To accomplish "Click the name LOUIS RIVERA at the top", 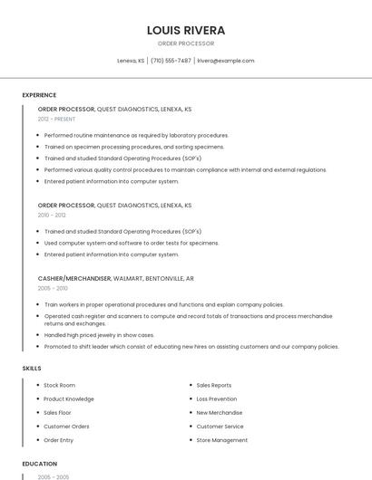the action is tap(186, 30).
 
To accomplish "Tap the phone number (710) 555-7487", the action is tap(171, 61).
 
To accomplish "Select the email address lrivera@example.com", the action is tap(226, 61).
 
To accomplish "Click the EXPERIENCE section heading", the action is tap(39, 95).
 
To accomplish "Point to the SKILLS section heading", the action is tap(32, 369).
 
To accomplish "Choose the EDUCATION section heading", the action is tap(39, 464).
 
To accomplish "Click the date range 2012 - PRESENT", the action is tap(56, 119).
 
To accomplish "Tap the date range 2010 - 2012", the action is tap(52, 216).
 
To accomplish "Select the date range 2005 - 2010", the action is tap(53, 288).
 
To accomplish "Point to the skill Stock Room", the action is tap(60, 385).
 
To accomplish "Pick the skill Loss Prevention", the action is tap(217, 398).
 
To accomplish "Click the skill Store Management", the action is tap(222, 440).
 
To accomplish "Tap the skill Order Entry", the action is tap(59, 440).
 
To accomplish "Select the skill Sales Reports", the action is tap(214, 385).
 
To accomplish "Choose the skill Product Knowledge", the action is tap(69, 398).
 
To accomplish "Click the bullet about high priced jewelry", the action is tap(101, 334).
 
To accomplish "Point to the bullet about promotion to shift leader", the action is tap(191, 346).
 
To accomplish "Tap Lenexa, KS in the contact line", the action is tap(131, 61).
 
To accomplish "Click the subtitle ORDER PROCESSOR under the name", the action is tap(186, 43).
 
